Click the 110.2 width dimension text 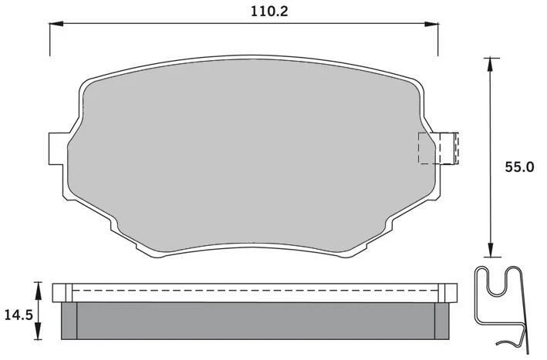tap(269, 12)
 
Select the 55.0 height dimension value tap(519, 167)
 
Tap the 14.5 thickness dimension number tap(19, 315)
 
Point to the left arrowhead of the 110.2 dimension tap(56, 24)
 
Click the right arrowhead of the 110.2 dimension tap(431, 24)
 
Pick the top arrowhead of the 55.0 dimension tap(491, 65)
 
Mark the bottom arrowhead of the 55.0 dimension tap(491, 250)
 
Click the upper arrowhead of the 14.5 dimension tap(38, 291)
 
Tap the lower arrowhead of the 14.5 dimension tap(38, 331)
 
